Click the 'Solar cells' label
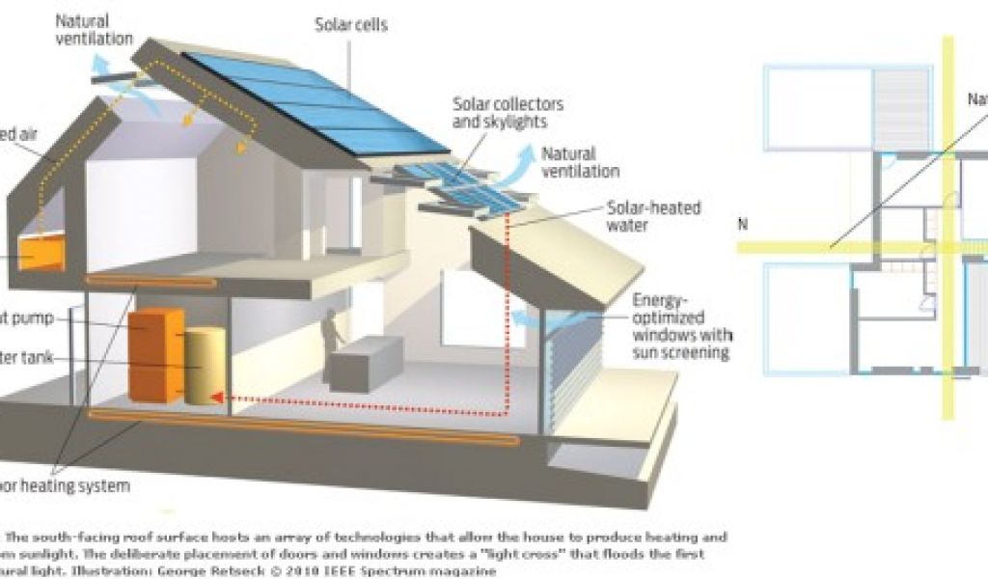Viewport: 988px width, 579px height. point(351,24)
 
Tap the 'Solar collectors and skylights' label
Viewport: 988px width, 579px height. point(508,113)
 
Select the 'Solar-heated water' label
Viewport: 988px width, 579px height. point(653,216)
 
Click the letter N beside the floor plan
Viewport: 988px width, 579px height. point(743,224)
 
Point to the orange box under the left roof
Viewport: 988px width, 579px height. point(41,253)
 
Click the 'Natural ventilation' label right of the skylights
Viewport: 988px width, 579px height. point(581,162)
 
